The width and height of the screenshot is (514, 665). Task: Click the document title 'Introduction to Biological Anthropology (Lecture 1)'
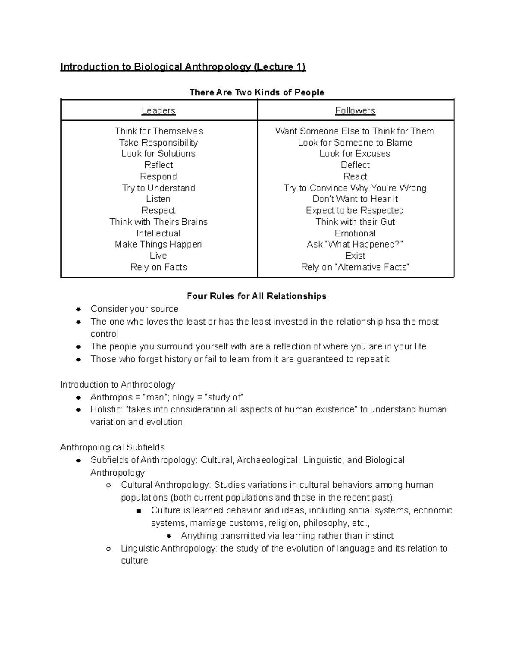tap(183, 67)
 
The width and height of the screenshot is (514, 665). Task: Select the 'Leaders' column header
tap(158, 110)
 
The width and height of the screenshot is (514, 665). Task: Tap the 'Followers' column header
tap(355, 110)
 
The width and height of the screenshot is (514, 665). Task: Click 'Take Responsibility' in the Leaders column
tap(158, 143)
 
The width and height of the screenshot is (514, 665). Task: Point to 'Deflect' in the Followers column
tap(355, 165)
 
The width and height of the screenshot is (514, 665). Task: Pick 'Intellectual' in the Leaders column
tap(158, 233)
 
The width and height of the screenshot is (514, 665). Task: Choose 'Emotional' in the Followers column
tap(355, 233)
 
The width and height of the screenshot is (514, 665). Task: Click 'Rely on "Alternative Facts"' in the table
tap(355, 267)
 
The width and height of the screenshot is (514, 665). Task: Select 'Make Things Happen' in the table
tap(158, 244)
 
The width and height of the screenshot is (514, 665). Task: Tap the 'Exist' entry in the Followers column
tap(355, 256)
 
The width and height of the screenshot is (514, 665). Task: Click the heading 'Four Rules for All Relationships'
tap(257, 296)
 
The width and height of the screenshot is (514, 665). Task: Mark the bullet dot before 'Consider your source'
tap(78, 309)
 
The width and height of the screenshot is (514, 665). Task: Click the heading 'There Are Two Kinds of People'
tap(257, 92)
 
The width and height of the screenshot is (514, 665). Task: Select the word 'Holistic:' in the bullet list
tap(106, 409)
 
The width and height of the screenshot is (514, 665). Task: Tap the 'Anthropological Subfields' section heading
tap(113, 447)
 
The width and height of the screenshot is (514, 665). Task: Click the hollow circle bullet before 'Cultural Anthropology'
tap(109, 485)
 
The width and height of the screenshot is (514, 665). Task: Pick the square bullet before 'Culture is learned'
tap(138, 510)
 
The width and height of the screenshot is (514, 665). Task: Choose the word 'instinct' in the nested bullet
tap(378, 536)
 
